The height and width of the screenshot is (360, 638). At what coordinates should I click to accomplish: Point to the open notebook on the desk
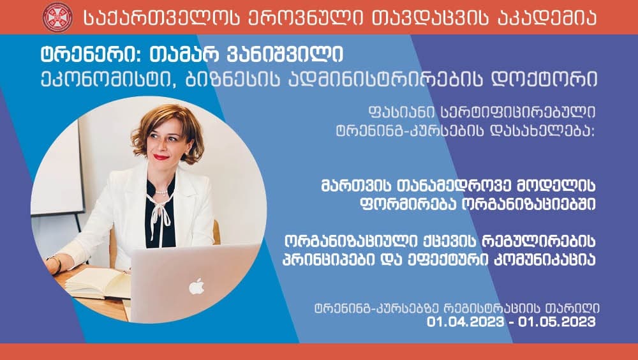(x=96, y=281)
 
